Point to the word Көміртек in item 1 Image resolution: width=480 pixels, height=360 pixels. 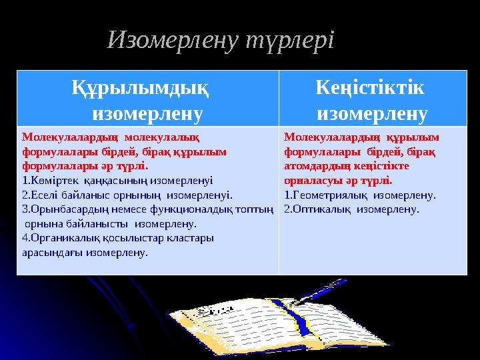(46, 180)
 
